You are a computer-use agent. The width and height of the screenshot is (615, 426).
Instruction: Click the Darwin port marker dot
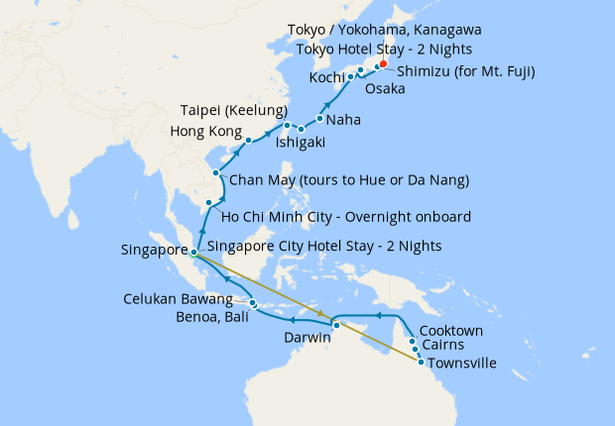(x=336, y=325)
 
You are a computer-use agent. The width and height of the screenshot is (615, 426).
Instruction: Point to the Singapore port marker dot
(x=194, y=252)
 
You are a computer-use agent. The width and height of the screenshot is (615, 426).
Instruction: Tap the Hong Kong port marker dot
(x=249, y=141)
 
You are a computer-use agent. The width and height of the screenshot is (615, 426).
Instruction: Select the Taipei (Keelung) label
(x=234, y=109)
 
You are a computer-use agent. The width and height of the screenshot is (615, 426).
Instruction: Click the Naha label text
(x=343, y=120)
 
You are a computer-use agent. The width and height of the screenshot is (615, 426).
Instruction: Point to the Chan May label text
(x=348, y=180)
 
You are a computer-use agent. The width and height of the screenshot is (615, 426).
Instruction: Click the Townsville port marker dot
(x=422, y=362)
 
